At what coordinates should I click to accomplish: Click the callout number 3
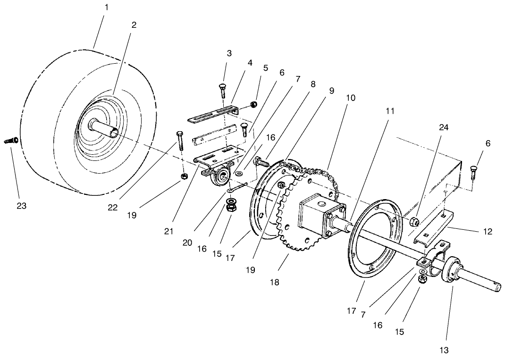[x=229, y=53]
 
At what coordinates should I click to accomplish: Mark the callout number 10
[x=350, y=98]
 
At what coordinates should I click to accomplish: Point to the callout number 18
[x=274, y=282]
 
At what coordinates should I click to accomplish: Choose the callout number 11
[x=390, y=111]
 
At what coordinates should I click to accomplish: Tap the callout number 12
[x=488, y=231]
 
